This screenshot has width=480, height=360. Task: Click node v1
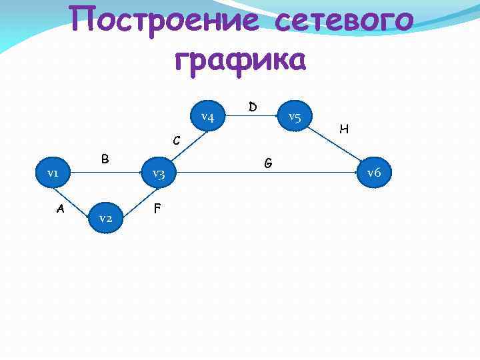52,173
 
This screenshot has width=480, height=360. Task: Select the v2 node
105,218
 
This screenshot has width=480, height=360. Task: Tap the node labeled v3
158,174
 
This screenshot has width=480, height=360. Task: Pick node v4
207,118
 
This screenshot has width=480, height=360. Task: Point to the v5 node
295,117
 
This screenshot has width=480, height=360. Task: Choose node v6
373,173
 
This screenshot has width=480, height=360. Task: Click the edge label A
61,208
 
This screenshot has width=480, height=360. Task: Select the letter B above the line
105,159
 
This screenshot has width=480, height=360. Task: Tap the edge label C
176,141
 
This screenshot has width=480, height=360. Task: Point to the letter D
253,107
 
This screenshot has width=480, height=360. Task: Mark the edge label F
157,208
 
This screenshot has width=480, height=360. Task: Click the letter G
267,162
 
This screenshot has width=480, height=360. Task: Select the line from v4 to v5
251,117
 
